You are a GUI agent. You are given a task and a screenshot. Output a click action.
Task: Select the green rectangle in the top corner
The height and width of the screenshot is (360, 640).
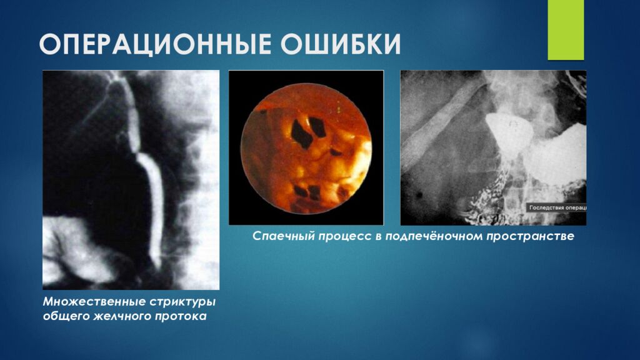[x=565, y=29]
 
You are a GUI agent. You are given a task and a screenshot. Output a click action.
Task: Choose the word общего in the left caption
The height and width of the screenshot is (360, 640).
[x=63, y=317]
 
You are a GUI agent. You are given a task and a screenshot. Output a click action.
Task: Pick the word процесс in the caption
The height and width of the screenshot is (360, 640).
[x=342, y=237]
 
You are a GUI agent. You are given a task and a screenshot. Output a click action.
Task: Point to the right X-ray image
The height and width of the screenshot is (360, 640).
[x=493, y=147]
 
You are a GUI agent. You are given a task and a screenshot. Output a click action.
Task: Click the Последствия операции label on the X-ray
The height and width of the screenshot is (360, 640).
[x=557, y=207]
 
